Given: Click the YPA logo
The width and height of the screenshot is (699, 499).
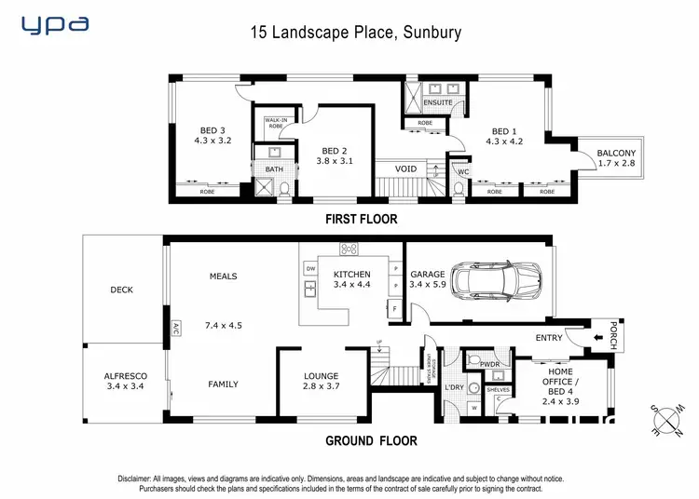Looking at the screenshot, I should (55, 25).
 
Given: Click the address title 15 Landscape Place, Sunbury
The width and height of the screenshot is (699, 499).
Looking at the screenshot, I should (355, 32).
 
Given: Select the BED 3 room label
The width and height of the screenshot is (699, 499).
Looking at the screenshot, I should (212, 130).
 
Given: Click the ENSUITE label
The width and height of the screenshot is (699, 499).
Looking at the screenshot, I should (438, 102).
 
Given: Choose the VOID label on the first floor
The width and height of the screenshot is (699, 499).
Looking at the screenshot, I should (405, 169).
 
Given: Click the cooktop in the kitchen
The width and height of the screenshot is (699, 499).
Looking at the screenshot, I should (350, 249).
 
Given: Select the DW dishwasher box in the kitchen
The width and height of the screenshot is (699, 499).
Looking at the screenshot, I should (309, 268).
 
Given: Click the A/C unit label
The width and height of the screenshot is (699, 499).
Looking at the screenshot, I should (174, 329).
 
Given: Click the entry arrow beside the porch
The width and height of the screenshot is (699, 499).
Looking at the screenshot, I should (597, 338).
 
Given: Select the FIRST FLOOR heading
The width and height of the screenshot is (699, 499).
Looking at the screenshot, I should (361, 220).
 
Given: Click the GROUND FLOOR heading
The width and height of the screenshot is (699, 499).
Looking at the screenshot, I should (370, 441).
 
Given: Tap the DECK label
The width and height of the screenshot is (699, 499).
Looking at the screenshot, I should (121, 290).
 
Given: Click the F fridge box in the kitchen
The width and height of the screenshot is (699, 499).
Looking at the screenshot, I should (395, 308).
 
